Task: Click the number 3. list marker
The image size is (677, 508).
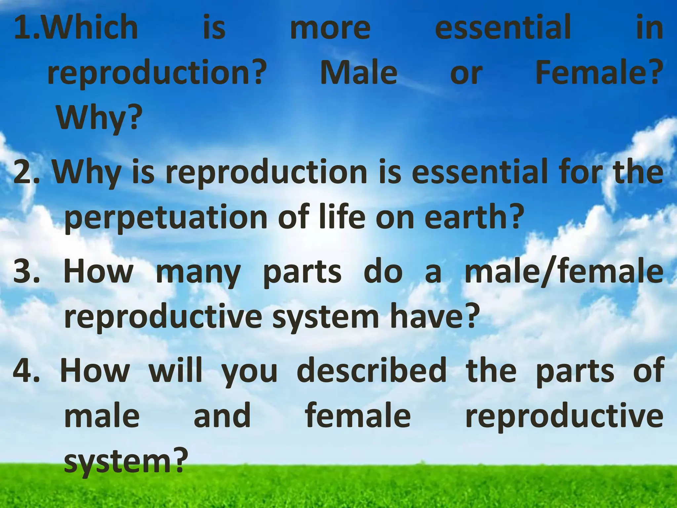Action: click(x=26, y=272)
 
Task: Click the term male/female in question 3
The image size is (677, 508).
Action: click(x=564, y=272)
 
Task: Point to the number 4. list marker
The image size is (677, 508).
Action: click(x=26, y=370)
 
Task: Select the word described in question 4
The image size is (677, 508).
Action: click(x=372, y=370)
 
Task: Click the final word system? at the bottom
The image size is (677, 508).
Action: click(x=124, y=462)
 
